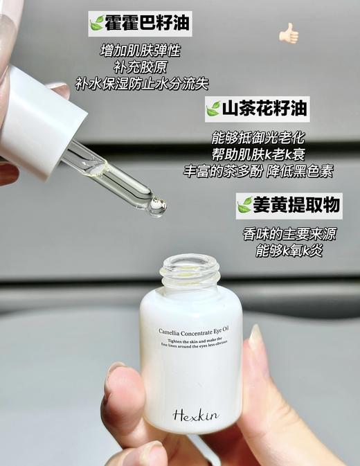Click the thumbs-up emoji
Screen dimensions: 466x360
point(288,33)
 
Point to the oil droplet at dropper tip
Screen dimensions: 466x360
point(158,205)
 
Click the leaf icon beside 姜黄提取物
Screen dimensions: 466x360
point(244,206)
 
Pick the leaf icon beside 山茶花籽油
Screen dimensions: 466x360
point(213,109)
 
